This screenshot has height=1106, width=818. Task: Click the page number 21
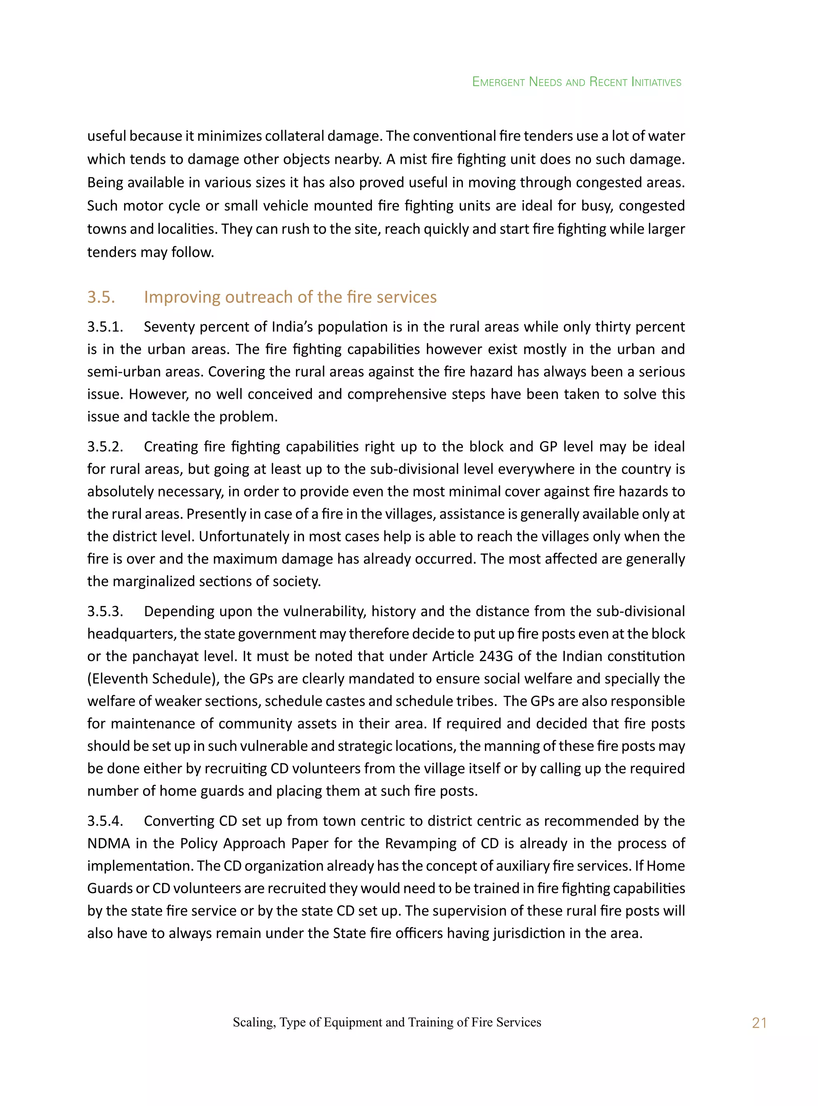click(758, 1023)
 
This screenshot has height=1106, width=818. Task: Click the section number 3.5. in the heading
click(101, 297)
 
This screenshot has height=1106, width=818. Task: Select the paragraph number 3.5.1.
click(105, 327)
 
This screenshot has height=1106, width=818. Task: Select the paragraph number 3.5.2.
click(105, 447)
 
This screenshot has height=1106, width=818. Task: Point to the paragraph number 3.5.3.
click(105, 611)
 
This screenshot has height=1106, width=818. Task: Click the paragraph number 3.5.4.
click(105, 821)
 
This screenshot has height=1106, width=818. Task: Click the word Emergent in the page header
click(498, 82)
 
